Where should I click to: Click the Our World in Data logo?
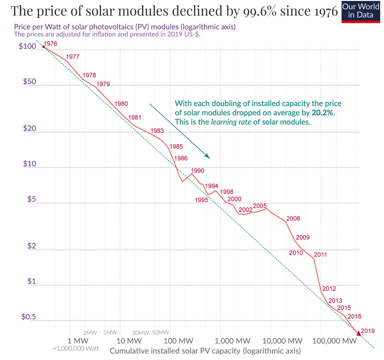pyautogui.click(x=361, y=12)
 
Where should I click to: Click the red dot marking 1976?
pyautogui.click(x=44, y=47)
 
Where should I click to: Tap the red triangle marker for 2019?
pyautogui.click(x=358, y=333)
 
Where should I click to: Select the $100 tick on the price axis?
pyautogui.click(x=27, y=46)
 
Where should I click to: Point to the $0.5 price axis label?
pyautogui.click(x=28, y=316)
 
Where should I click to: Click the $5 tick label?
pyautogui.click(x=32, y=199)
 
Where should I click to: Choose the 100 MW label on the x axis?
pyautogui.click(x=178, y=341)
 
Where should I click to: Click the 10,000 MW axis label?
pyautogui.click(x=282, y=341)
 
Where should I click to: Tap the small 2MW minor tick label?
pyautogui.click(x=90, y=333)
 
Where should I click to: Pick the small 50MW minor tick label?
pyautogui.click(x=160, y=332)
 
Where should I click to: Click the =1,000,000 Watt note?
pyautogui.click(x=76, y=349)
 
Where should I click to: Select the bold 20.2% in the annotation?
pyautogui.click(x=323, y=113)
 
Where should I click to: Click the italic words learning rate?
pyautogui.click(x=231, y=122)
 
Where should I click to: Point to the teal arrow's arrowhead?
pyautogui.click(x=208, y=157)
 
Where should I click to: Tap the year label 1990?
pyautogui.click(x=197, y=171)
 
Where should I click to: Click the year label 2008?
pyautogui.click(x=293, y=218)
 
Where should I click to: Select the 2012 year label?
pyautogui.click(x=329, y=289)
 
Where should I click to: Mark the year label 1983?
pyautogui.click(x=157, y=131)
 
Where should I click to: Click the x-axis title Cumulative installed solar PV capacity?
pyautogui.click(x=175, y=351)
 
